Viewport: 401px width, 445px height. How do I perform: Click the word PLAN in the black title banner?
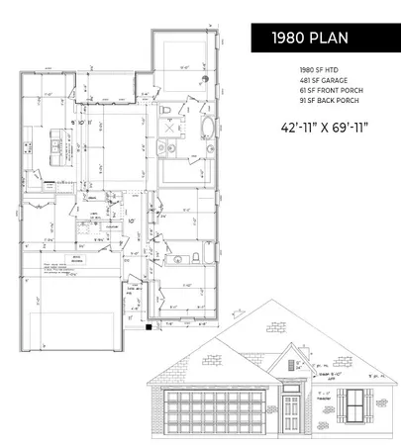328,40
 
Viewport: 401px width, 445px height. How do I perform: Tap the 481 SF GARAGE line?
322,80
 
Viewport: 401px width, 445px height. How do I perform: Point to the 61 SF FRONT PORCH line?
329,90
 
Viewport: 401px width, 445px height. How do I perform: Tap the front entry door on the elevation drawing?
290,408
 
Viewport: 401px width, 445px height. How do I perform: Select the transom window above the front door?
290,389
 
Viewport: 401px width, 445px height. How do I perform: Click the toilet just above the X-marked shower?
169,107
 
